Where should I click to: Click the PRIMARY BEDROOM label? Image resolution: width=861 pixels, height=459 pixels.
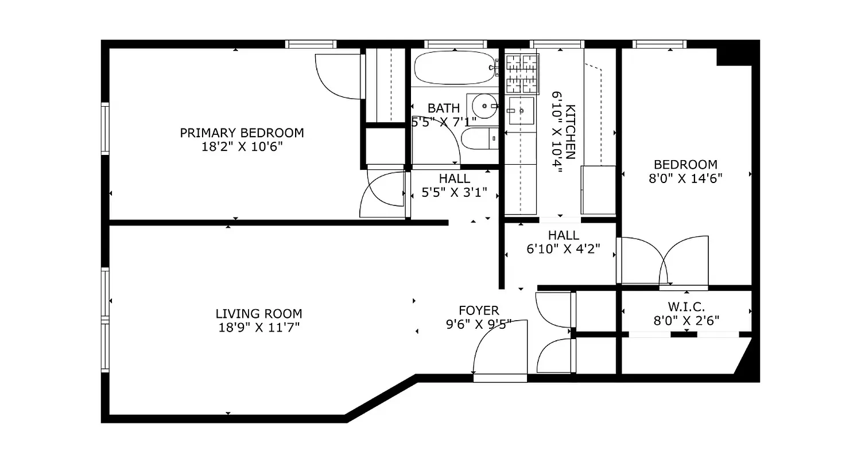[x=242, y=133]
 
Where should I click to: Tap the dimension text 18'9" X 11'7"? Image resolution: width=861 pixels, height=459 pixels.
[x=258, y=328]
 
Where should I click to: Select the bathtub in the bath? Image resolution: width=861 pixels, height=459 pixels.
[x=454, y=68]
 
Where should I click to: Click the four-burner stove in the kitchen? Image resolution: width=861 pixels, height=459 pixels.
[x=522, y=73]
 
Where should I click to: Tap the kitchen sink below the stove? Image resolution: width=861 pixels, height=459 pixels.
[x=521, y=110]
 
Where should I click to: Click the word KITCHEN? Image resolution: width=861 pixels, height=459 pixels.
[x=570, y=132]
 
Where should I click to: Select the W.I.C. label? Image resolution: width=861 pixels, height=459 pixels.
[x=687, y=307]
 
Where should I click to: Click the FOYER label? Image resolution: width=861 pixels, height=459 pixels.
[x=479, y=311]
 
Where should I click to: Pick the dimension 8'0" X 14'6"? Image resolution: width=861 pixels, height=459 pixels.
[x=685, y=178]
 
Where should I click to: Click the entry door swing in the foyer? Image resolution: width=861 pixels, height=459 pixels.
[x=498, y=347]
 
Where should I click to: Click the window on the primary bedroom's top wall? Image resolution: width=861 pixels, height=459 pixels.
[x=311, y=44]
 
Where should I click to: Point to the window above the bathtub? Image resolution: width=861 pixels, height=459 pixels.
[x=455, y=44]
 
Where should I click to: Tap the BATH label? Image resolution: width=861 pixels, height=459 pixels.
[x=443, y=108]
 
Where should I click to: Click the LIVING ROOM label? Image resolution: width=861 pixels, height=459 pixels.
[x=258, y=314]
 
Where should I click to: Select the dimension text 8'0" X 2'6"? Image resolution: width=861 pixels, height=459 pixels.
[x=687, y=321]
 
